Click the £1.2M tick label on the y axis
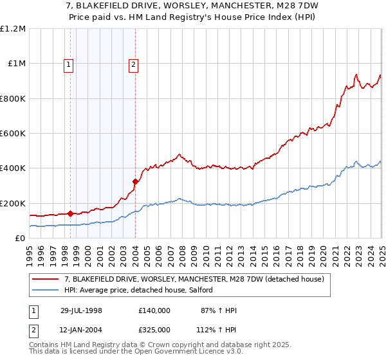pos(13,29)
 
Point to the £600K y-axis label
pos(13,134)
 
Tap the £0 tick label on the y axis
pos(19,239)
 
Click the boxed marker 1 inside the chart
pos(68,64)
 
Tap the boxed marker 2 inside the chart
pos(133,64)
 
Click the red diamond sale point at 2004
pos(135,181)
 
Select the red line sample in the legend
pos(46,279)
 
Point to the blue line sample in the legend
pos(46,291)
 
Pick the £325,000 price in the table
pos(154,329)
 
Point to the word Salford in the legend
pos(208,291)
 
